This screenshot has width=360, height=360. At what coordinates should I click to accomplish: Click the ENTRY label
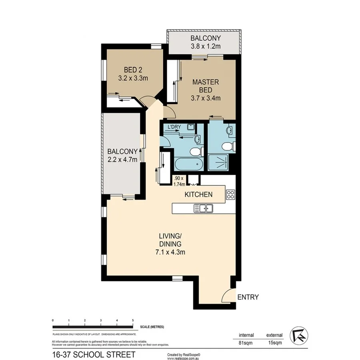point(248,297)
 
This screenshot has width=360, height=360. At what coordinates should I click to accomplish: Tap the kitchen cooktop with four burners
point(231,195)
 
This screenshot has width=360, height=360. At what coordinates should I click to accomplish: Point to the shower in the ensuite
point(218,161)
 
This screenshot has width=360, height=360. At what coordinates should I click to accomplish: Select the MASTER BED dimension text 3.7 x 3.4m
point(206,98)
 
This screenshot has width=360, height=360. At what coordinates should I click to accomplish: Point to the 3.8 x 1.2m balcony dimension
point(206,46)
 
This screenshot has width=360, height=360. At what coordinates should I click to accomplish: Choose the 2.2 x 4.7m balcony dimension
point(122,160)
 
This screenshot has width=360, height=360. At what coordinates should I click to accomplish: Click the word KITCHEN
point(198,195)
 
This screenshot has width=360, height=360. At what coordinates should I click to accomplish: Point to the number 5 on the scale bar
point(132,321)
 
